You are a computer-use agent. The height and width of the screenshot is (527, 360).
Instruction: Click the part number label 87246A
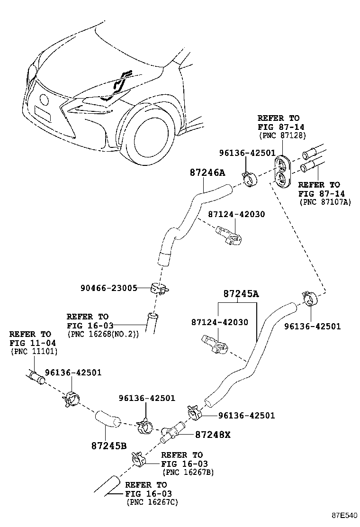click(207, 173)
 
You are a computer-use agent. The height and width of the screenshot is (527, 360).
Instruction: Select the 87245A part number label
click(241, 294)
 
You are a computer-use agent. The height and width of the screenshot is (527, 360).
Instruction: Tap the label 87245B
click(109, 445)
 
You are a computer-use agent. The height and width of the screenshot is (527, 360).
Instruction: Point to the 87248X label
click(213, 435)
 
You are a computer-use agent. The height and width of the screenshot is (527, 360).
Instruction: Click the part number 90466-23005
click(109, 288)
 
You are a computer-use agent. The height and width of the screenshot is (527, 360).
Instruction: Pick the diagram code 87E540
click(344, 516)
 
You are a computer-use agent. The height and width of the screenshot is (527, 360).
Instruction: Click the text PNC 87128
click(282, 136)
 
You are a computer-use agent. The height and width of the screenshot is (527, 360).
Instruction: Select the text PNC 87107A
click(325, 202)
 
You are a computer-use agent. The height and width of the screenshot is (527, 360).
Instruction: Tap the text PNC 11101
click(34, 352)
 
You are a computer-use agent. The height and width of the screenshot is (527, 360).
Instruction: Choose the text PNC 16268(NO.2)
click(103, 335)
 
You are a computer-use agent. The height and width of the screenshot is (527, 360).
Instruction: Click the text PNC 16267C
click(152, 502)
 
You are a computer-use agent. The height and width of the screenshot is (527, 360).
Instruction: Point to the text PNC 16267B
click(188, 472)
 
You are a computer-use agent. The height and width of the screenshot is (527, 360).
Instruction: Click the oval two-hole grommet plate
click(282, 171)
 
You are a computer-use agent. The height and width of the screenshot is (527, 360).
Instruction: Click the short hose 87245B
click(108, 418)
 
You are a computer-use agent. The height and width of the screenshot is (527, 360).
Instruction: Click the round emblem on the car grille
click(45, 100)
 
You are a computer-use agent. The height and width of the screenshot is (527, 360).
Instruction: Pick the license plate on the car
click(43, 113)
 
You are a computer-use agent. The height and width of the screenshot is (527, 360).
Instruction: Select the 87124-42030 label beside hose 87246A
click(236, 214)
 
